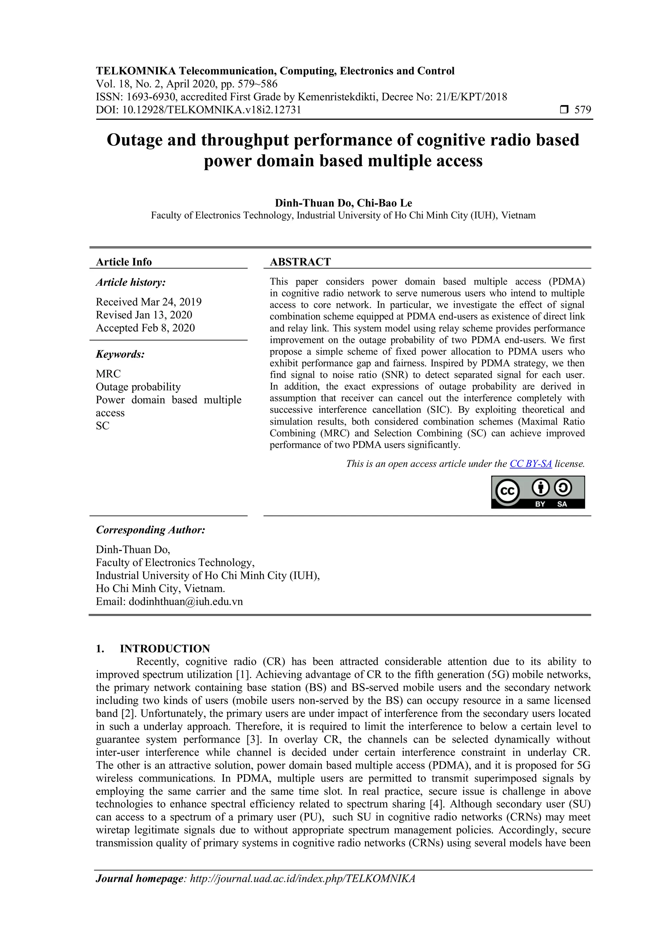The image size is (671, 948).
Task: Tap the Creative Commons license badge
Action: point(538,492)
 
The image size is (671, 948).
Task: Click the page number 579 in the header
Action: point(583,110)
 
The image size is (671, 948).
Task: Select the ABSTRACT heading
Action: point(300,262)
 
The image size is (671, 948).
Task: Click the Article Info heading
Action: point(124,262)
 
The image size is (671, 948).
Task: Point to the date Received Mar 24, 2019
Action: point(149,302)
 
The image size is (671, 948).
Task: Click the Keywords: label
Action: point(120,354)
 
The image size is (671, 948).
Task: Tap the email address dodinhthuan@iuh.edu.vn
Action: point(185,602)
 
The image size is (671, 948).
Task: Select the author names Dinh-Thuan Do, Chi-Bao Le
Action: point(343,203)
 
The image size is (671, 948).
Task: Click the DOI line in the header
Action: point(198,110)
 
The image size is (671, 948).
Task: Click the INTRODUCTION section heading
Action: point(165,649)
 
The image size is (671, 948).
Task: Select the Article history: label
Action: point(131,283)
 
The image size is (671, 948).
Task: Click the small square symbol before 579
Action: point(564,110)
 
